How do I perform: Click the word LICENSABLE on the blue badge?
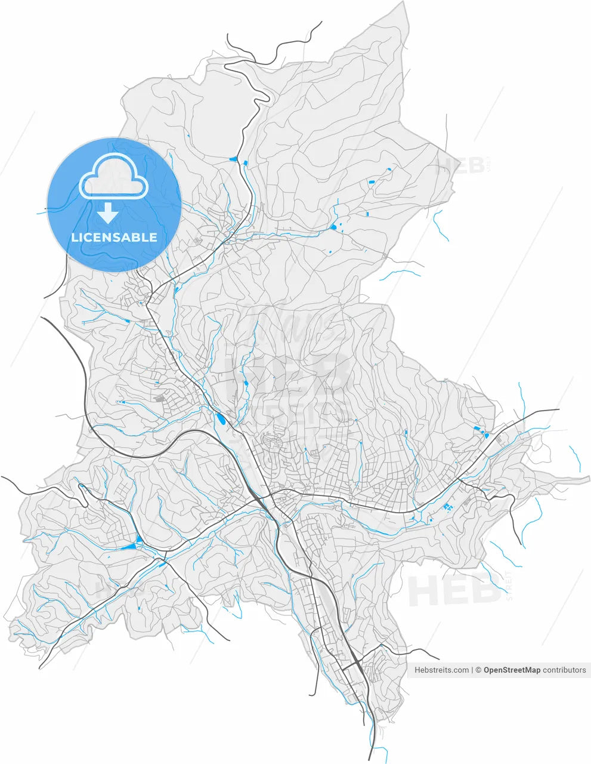pos(114,238)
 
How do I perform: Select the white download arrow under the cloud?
pos(108,212)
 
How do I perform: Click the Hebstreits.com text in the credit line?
pos(441,670)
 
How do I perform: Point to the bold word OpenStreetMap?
pos(512,670)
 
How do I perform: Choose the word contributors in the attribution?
pos(564,670)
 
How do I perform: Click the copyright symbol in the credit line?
pos(478,670)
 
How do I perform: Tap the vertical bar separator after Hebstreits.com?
pos(472,670)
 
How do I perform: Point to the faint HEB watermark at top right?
pos(461,165)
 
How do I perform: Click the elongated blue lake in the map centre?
pos(222,420)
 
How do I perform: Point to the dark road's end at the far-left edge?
pos(3,478)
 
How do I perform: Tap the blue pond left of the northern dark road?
pos(233,159)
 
